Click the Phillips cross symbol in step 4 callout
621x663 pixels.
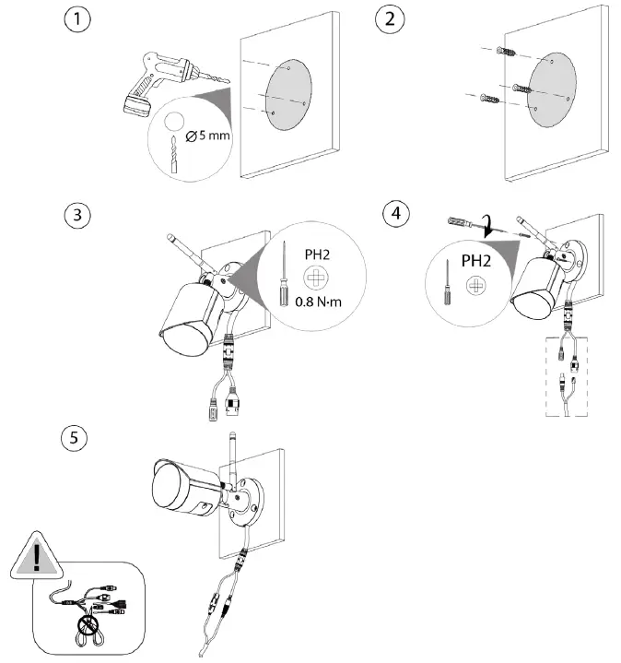(x=476, y=288)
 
